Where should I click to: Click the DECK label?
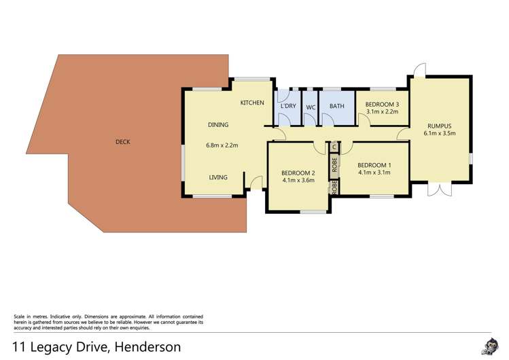coord(122,142)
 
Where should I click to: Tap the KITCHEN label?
coord(251,103)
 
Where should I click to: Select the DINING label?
coord(218,124)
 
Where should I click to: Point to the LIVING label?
coord(218,177)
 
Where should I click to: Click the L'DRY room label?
coord(289,107)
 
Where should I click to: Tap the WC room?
coord(311,107)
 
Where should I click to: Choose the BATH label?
coord(337,107)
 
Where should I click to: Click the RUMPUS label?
coord(439,126)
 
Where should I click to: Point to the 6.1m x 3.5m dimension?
coord(439,134)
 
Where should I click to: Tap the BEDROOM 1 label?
coord(374,165)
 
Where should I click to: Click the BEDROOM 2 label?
coord(298,173)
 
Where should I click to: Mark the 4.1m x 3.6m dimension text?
coord(298,181)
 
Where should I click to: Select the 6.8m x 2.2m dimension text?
coord(222,145)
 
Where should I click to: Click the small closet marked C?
coord(334,147)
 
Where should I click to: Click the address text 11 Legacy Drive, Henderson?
coord(96,346)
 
